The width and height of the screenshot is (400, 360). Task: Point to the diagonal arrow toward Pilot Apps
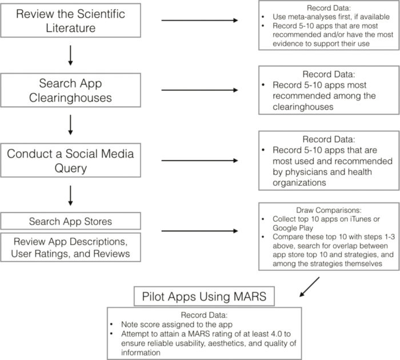(309, 287)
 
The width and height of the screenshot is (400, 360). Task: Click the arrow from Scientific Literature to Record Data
(199, 21)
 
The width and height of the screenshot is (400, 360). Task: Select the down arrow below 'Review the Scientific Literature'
(71, 55)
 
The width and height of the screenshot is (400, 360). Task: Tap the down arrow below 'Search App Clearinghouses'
(71, 125)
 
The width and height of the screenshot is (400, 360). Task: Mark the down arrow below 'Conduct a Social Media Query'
(71, 195)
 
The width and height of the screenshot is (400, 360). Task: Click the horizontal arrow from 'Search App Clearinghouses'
(199, 90)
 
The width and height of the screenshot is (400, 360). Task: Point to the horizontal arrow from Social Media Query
(199, 161)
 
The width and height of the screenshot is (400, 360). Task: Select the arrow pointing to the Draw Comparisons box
(199, 231)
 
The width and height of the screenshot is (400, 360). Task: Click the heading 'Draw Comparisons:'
(329, 210)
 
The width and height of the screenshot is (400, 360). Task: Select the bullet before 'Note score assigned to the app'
(111, 325)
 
